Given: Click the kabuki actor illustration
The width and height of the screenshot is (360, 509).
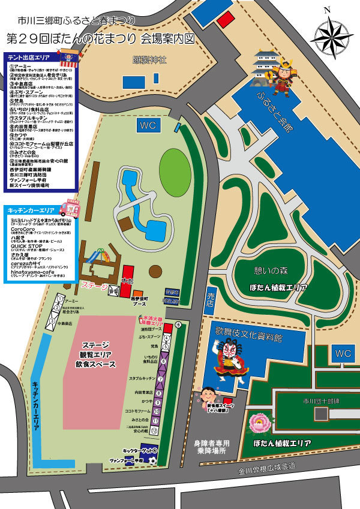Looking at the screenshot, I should click(x=229, y=360).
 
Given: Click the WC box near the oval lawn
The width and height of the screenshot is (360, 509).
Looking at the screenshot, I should click(x=148, y=125).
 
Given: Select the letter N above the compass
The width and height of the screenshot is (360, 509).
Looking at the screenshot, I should click(x=327, y=10).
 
